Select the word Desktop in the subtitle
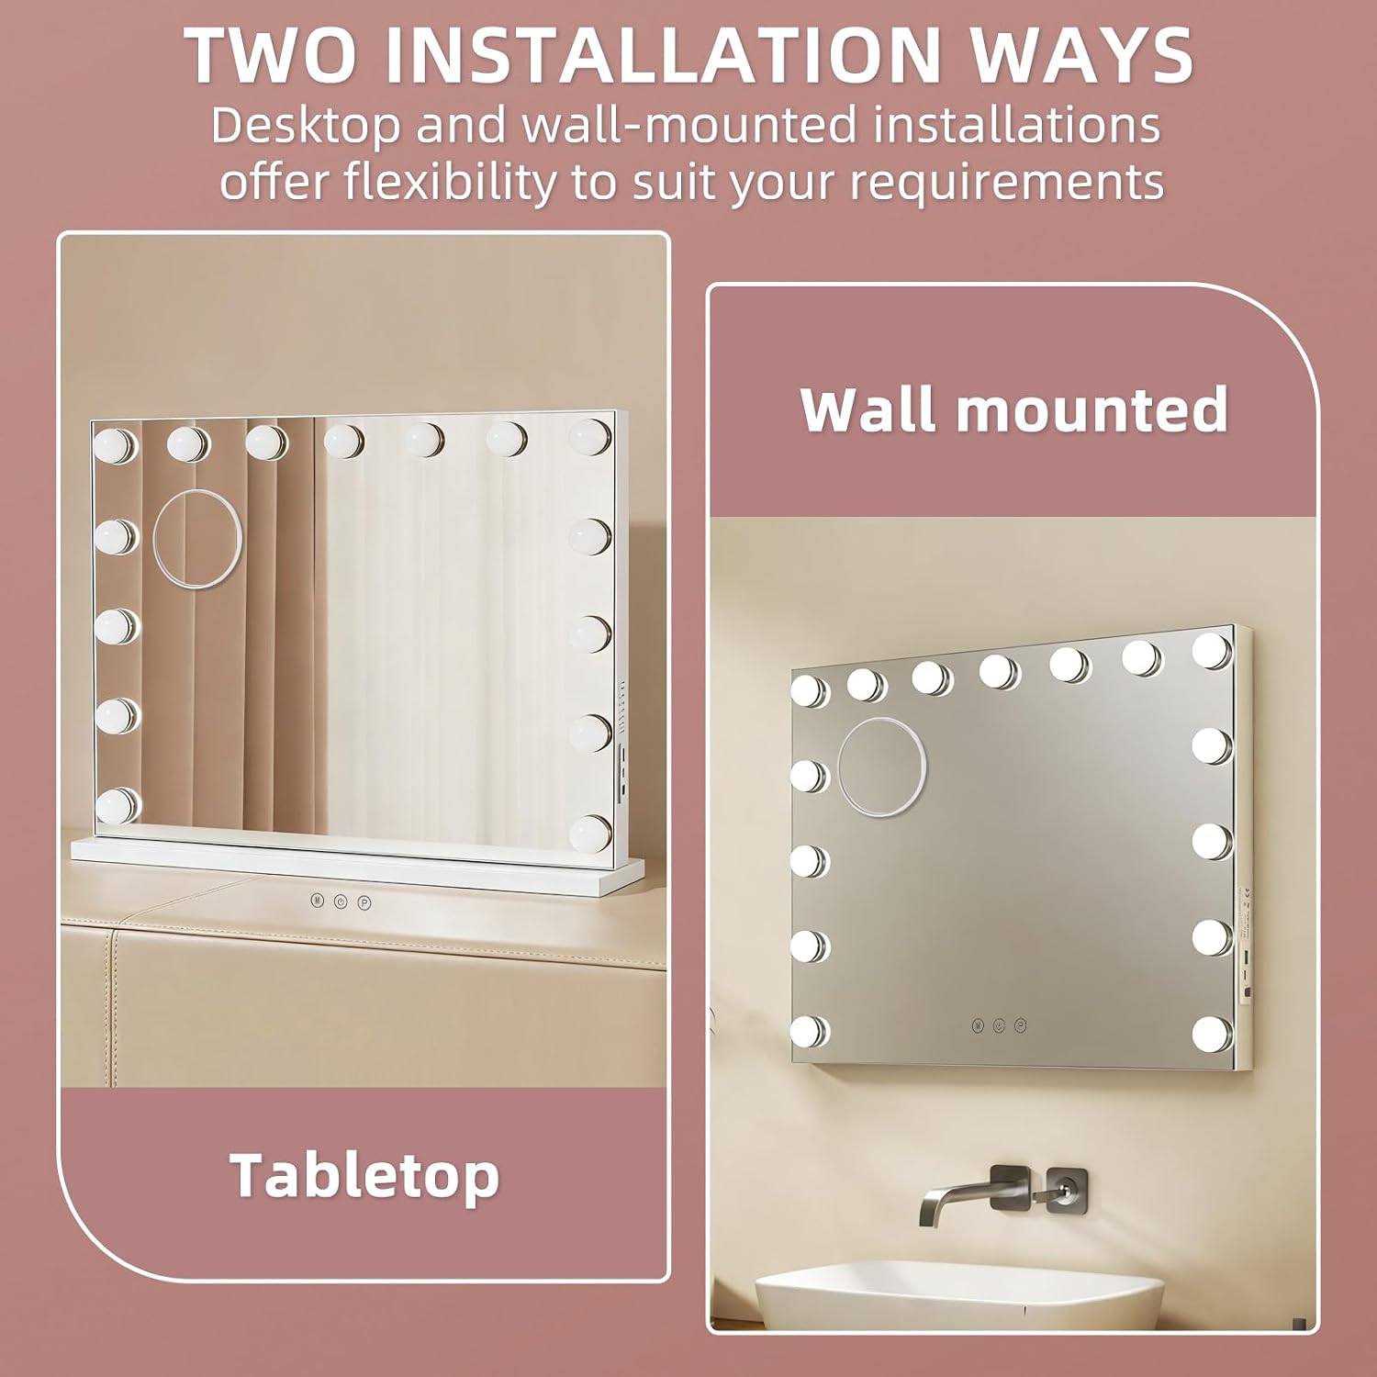(306, 125)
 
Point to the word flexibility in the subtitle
(451, 181)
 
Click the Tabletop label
(364, 1176)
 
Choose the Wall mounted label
(1014, 409)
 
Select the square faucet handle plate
(1068, 1190)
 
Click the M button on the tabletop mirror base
(317, 901)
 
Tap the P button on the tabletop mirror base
(364, 902)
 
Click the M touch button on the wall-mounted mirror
(979, 1024)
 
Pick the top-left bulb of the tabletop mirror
(116, 446)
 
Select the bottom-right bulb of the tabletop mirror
(589, 832)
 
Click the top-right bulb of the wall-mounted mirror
(1213, 650)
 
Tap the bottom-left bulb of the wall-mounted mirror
(810, 1031)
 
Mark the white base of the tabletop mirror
(358, 863)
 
